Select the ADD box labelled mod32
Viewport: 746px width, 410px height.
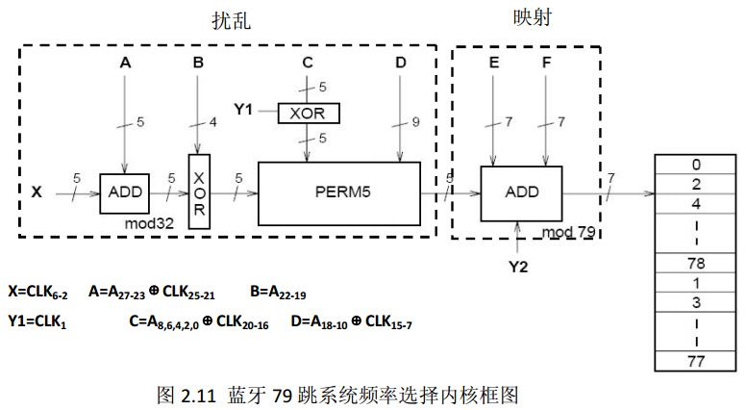(126, 192)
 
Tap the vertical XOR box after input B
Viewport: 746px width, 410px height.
(199, 191)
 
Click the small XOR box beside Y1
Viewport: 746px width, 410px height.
(308, 113)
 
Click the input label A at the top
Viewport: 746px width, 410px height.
(125, 63)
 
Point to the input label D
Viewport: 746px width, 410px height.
(400, 63)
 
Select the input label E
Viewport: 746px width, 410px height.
(493, 63)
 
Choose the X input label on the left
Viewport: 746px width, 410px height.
(37, 192)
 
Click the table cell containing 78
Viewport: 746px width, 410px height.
(694, 263)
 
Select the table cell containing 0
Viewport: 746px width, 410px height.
(694, 164)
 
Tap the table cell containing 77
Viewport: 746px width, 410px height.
(694, 362)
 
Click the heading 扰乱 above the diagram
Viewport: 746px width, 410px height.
(231, 20)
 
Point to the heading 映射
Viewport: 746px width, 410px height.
(533, 18)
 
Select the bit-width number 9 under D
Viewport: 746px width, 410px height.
(415, 123)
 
